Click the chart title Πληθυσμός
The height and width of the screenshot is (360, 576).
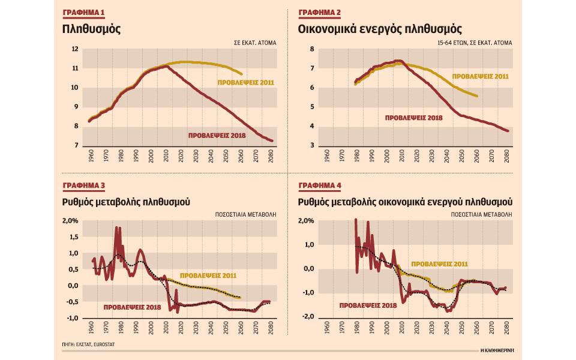point(92,28)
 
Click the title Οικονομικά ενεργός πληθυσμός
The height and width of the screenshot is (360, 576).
point(379,28)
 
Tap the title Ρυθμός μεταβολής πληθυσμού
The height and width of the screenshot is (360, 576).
point(126,202)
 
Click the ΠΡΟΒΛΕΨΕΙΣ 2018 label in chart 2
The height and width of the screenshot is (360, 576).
point(413,118)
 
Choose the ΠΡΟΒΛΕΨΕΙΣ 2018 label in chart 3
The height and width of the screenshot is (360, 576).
point(131,307)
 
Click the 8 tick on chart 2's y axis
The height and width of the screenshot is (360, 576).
point(311,49)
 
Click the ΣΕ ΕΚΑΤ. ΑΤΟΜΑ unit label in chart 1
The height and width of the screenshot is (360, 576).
point(256,43)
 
